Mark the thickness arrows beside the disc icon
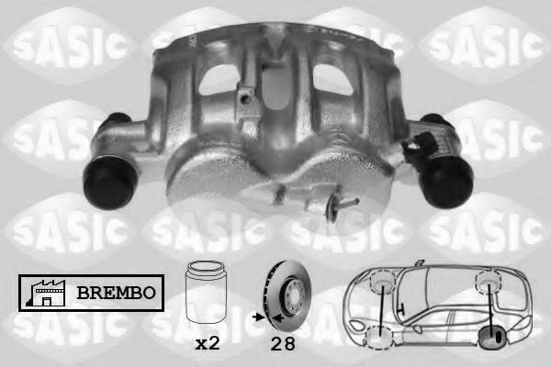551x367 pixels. click(261, 317)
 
